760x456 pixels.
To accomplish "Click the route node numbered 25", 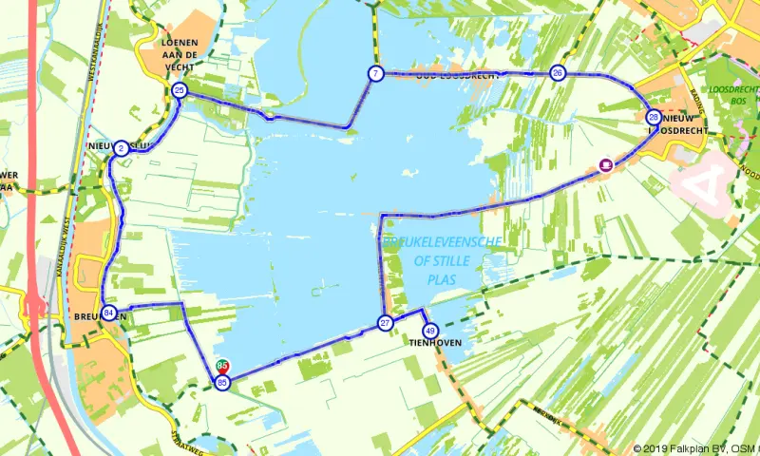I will coord(180,90).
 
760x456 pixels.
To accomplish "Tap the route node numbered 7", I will coord(376,73).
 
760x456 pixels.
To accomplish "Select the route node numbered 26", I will coord(558,73).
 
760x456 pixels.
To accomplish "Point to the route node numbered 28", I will coord(654,117).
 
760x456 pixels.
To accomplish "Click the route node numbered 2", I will coord(122,148).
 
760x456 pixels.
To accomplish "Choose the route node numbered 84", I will coord(109,313).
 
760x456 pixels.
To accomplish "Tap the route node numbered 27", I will coord(386,323).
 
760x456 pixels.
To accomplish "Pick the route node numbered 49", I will coord(430,331).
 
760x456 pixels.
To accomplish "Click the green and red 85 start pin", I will coord(222,365).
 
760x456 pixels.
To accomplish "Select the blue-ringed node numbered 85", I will coord(222,382).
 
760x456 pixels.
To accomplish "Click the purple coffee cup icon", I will coord(605,165).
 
